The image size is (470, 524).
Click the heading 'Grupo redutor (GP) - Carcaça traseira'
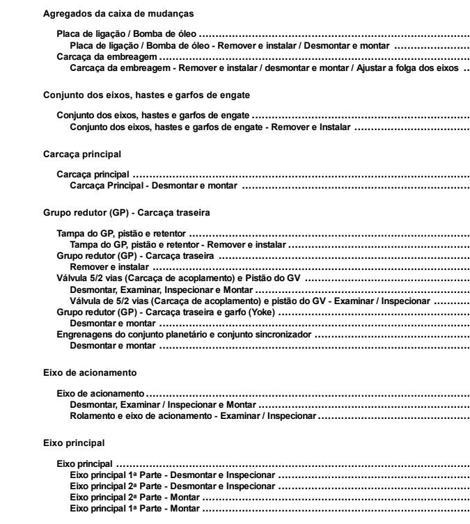[127, 210]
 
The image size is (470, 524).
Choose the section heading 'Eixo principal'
[75, 442]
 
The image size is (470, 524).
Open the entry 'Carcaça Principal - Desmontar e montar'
[154, 186]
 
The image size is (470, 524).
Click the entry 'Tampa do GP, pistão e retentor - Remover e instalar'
[178, 244]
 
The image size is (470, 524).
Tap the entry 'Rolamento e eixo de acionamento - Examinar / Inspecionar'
[194, 416]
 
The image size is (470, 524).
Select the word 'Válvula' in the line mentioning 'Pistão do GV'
[71, 278]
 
